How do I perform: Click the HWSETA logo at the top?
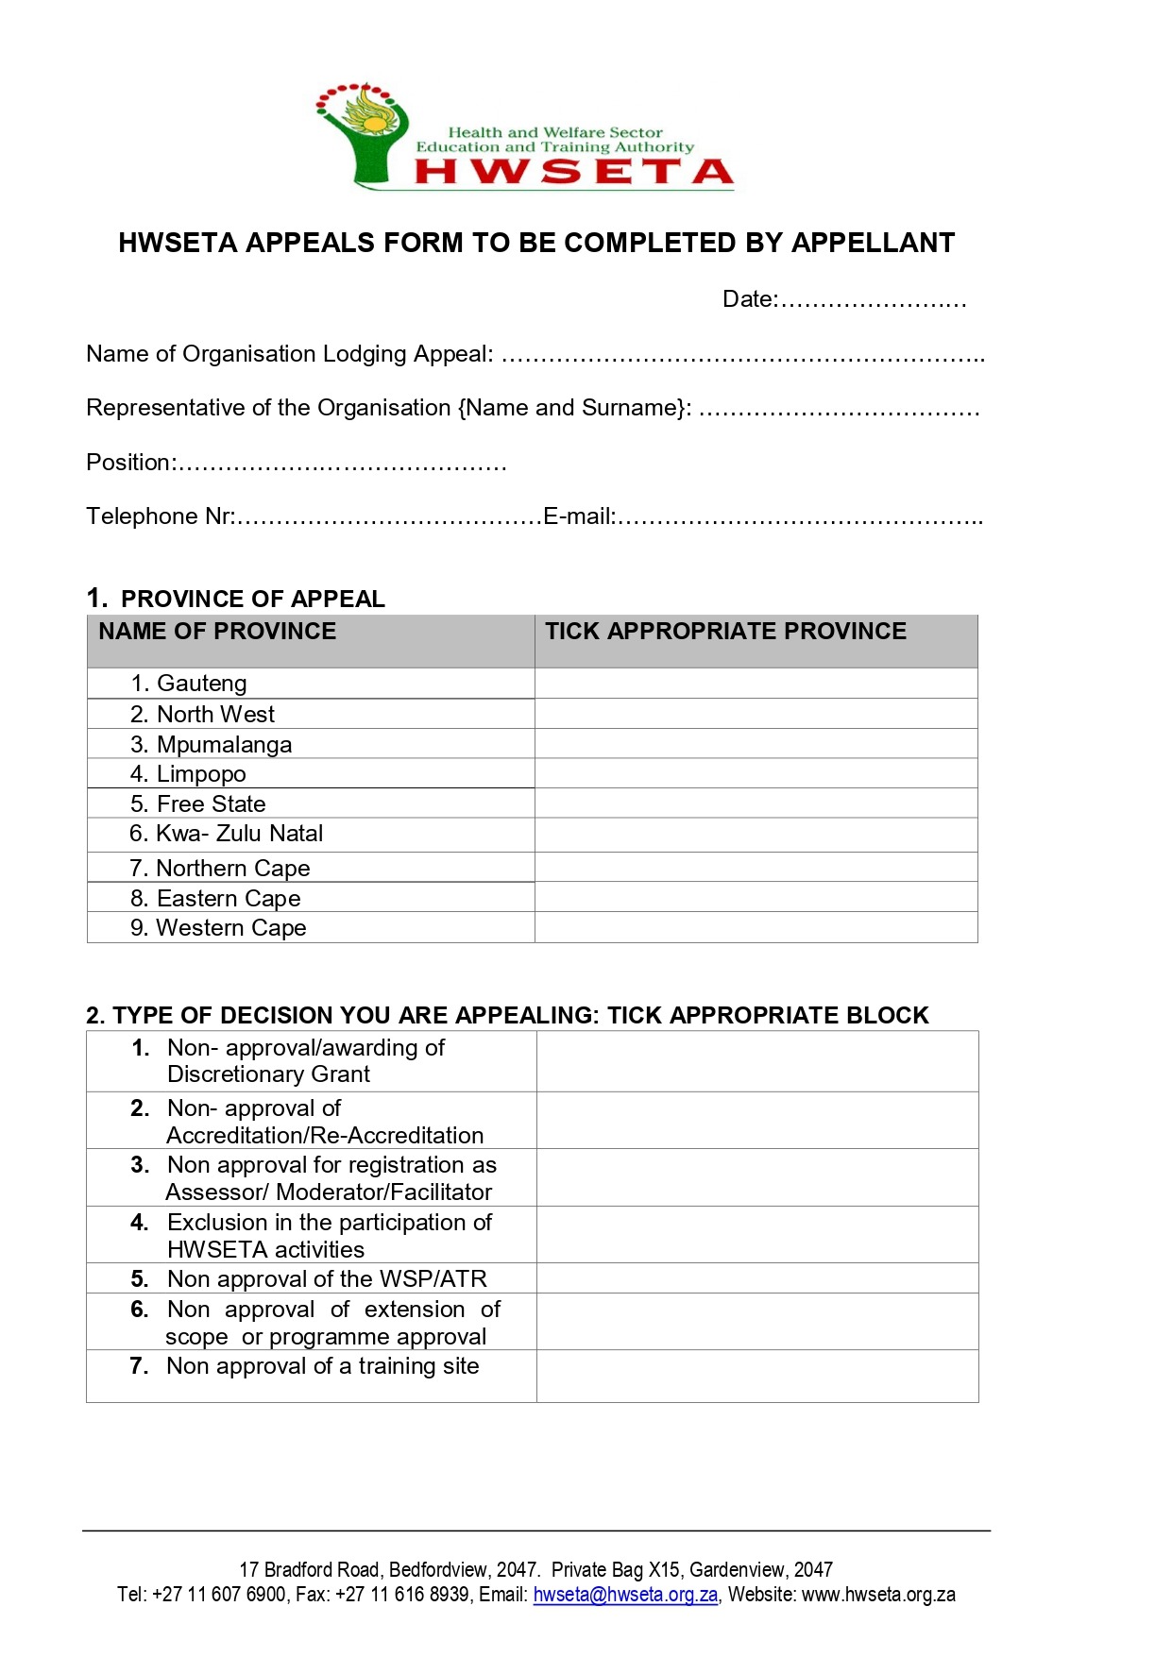[x=524, y=137]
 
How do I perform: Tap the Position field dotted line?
[x=342, y=465]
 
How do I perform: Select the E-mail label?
[x=579, y=516]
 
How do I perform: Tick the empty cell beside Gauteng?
[x=756, y=684]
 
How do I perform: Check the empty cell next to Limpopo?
[x=756, y=773]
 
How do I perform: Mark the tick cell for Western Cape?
[x=756, y=927]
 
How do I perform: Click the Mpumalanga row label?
[x=224, y=744]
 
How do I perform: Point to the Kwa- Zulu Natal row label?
[x=239, y=834]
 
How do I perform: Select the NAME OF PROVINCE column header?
[x=217, y=632]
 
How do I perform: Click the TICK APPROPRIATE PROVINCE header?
[x=725, y=632]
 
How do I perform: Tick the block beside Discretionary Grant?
[x=757, y=1061]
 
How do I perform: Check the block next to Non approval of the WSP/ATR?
[x=757, y=1278]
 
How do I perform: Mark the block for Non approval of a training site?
[x=757, y=1376]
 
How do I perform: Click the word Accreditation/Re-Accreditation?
[x=325, y=1135]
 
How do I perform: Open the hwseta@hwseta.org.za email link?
[x=625, y=1595]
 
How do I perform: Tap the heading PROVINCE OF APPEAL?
[x=253, y=600]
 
